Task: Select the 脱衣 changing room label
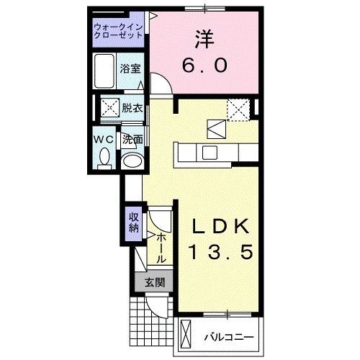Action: tap(131, 109)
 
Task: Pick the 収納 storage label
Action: tap(134, 222)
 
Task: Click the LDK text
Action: tap(222, 226)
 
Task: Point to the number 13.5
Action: tap(222, 253)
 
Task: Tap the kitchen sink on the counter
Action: tap(210, 152)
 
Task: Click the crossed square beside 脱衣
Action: tap(110, 109)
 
